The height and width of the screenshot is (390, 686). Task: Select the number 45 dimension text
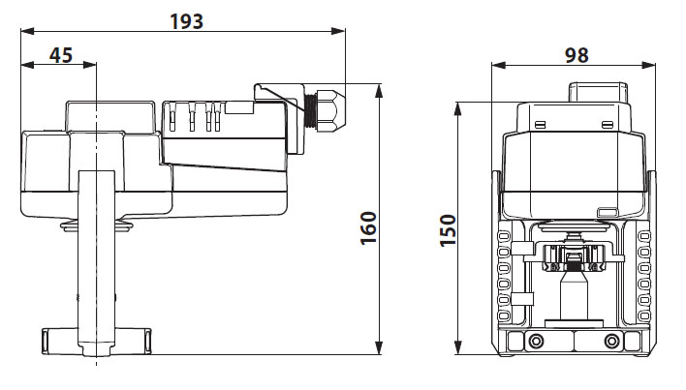(60, 55)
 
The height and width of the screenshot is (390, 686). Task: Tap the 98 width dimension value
(576, 55)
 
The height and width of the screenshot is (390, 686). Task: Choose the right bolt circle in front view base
(610, 342)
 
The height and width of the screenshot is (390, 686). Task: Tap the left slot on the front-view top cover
(539, 124)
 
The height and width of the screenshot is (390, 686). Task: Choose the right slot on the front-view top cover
(607, 124)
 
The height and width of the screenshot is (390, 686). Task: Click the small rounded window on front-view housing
(608, 212)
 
